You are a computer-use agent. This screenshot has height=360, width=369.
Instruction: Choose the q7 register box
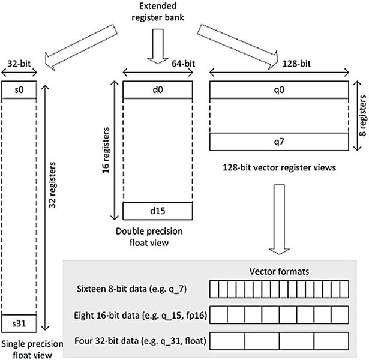pyautogui.click(x=280, y=142)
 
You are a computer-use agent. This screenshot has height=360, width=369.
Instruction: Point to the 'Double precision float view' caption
pyautogui.click(x=158, y=237)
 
